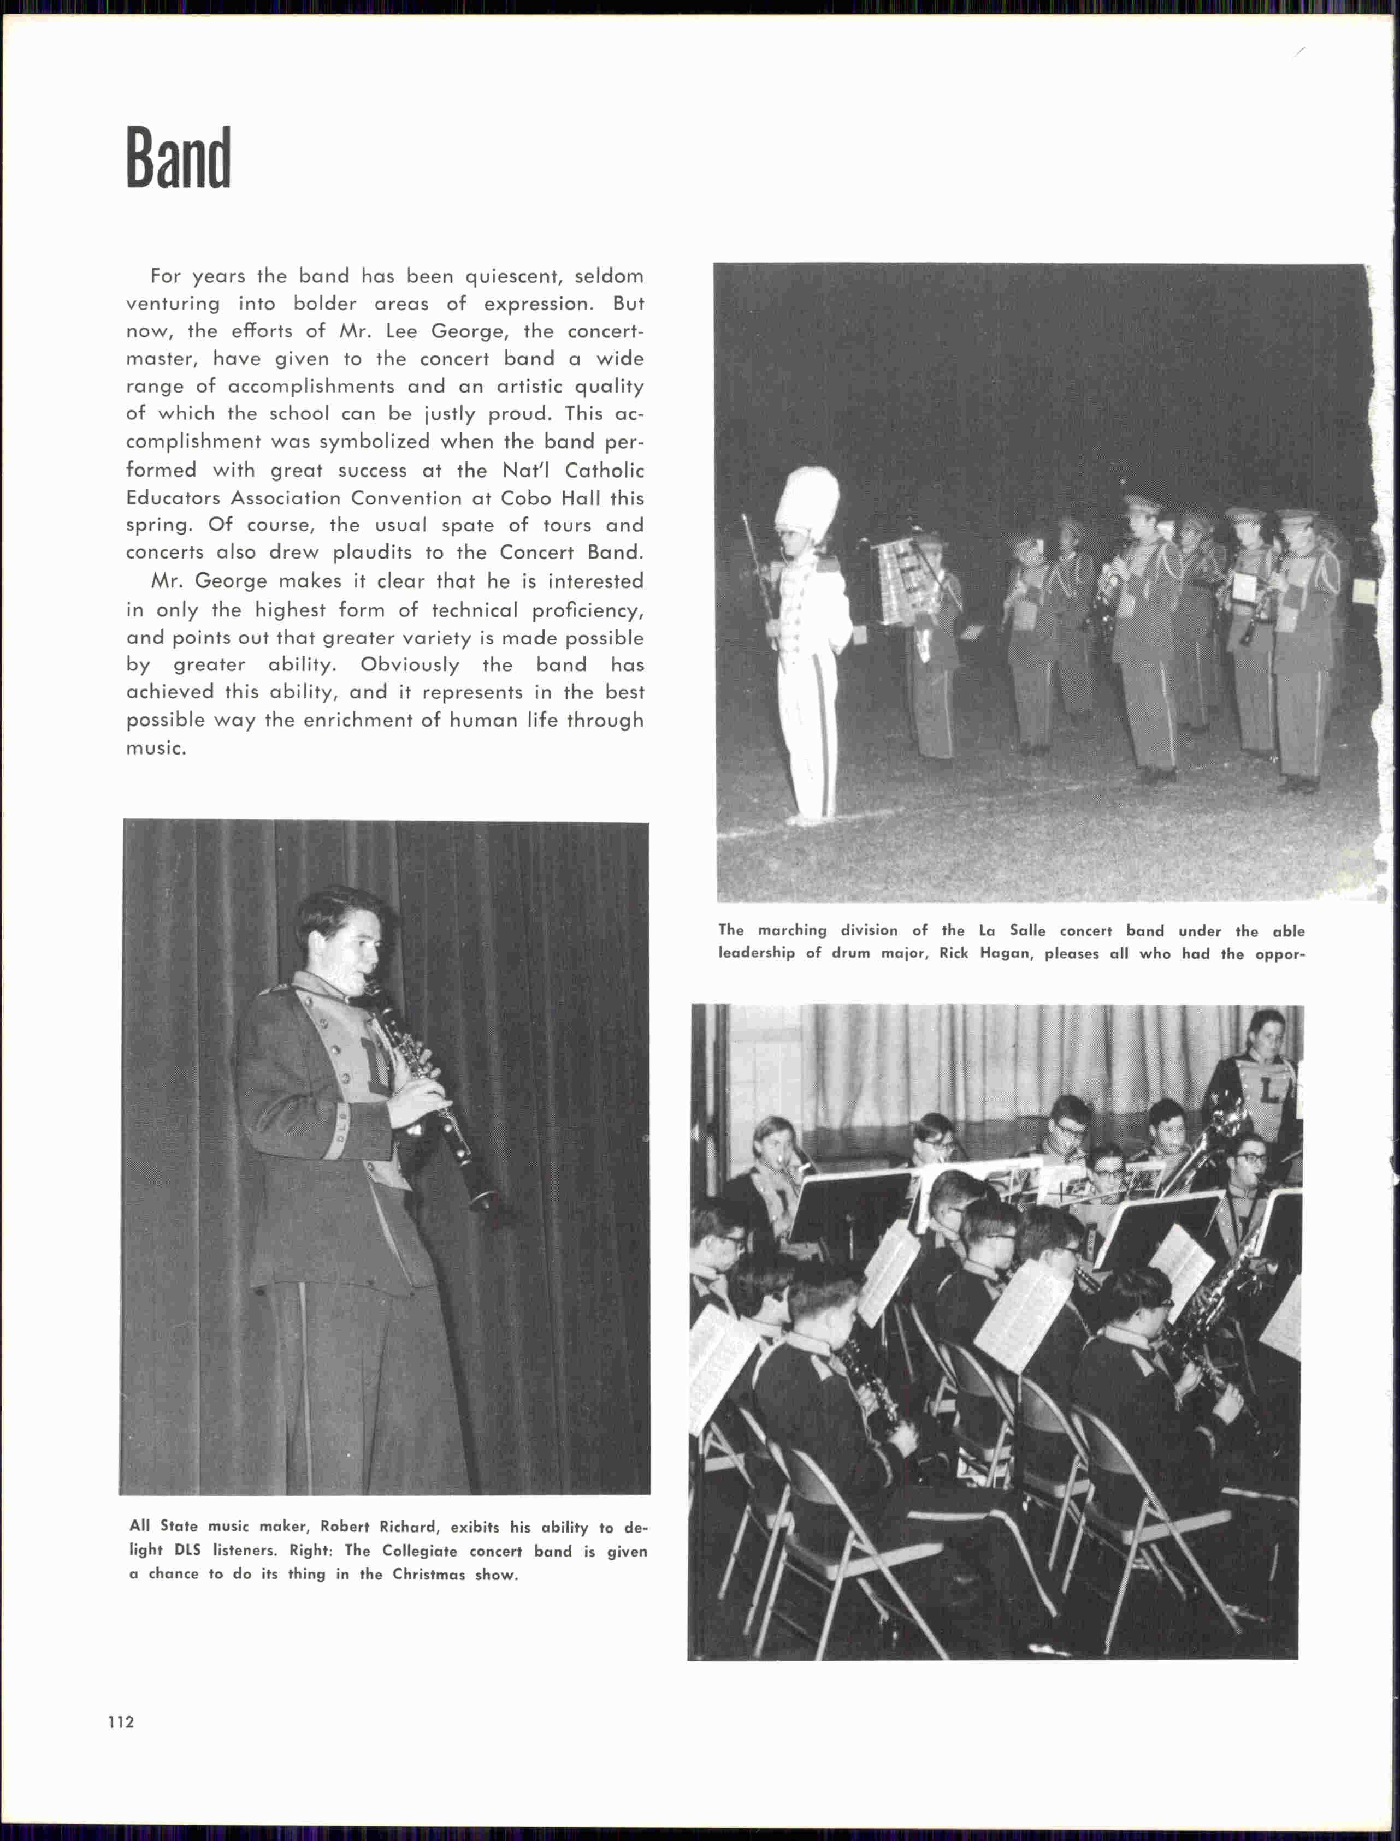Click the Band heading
click(x=178, y=158)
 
